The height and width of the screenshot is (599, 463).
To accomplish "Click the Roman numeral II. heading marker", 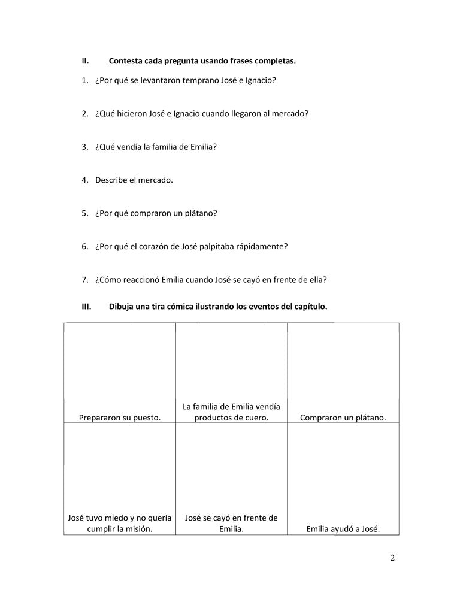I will [x=85, y=61].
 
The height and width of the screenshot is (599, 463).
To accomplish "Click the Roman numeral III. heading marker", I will [x=86, y=307].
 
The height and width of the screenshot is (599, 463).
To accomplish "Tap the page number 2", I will [x=393, y=558].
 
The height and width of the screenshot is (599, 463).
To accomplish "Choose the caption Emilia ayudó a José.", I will [x=343, y=528].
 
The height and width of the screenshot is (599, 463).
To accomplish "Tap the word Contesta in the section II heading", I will [x=126, y=61].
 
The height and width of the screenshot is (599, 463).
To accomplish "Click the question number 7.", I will [x=85, y=279].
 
